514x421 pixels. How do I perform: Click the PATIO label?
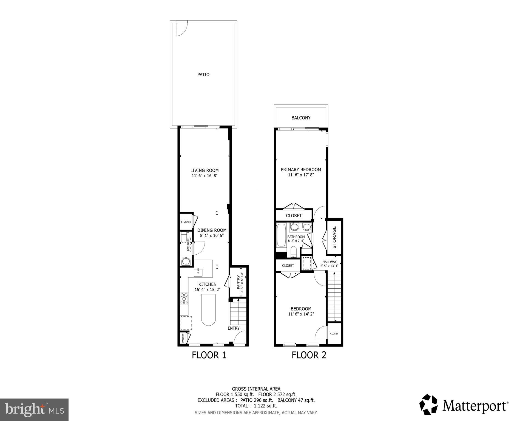[203, 75]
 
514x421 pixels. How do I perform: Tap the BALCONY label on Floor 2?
[301, 118]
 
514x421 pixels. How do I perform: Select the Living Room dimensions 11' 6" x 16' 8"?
[205, 176]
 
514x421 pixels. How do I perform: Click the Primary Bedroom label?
[301, 170]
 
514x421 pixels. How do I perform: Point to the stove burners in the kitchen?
[184, 299]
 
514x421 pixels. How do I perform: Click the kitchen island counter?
[208, 310]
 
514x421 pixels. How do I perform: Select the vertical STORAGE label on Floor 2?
[334, 237]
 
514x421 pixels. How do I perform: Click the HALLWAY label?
[329, 262]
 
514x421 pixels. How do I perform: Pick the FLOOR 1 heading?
[209, 355]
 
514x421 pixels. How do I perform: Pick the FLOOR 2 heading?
[309, 355]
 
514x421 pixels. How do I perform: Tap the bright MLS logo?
[34, 410]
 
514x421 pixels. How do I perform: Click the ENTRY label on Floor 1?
[234, 328]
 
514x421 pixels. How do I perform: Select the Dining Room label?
[212, 231]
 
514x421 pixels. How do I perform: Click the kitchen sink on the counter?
[198, 273]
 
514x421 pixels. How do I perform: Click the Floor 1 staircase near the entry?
[238, 312]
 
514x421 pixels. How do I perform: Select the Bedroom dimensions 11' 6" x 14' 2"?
[301, 314]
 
